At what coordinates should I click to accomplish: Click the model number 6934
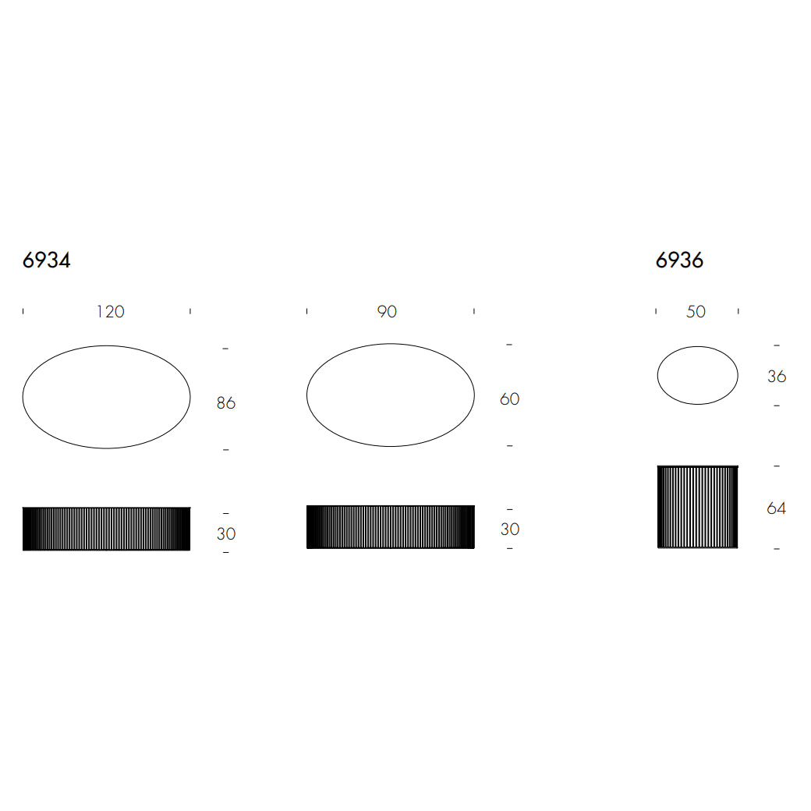pos(47,260)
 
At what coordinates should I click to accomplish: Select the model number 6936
pos(679,260)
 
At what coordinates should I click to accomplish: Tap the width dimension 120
pos(110,312)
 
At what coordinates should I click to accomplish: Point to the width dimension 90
pos(387,312)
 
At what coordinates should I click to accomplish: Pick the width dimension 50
pos(696,312)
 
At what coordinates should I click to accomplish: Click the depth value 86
pos(225,403)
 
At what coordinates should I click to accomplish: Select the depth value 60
pos(509,399)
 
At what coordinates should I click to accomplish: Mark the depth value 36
pos(777,376)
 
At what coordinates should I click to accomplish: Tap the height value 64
pos(777,508)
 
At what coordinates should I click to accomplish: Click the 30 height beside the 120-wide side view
pos(225,534)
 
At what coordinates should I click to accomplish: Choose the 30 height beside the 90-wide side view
pos(509,529)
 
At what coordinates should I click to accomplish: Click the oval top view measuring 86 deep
pos(106,397)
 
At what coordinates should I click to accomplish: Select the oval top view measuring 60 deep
pos(390,395)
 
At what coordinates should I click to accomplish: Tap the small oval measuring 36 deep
pos(697,375)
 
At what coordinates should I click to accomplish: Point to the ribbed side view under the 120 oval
pos(106,529)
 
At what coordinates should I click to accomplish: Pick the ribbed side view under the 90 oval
pos(390,527)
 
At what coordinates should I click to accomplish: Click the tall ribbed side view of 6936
pos(697,507)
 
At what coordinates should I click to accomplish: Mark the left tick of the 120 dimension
pos(23,311)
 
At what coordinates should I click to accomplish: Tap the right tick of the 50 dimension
pos(738,311)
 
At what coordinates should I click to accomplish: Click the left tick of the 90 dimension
pos(307,311)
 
